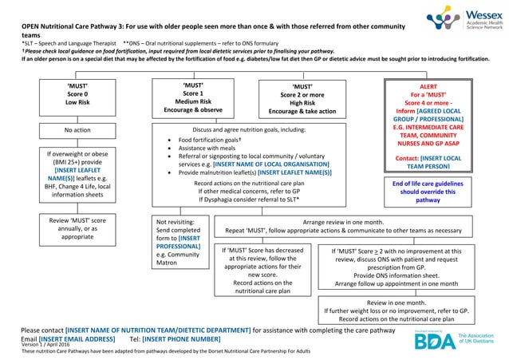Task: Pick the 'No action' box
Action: click(77, 130)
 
